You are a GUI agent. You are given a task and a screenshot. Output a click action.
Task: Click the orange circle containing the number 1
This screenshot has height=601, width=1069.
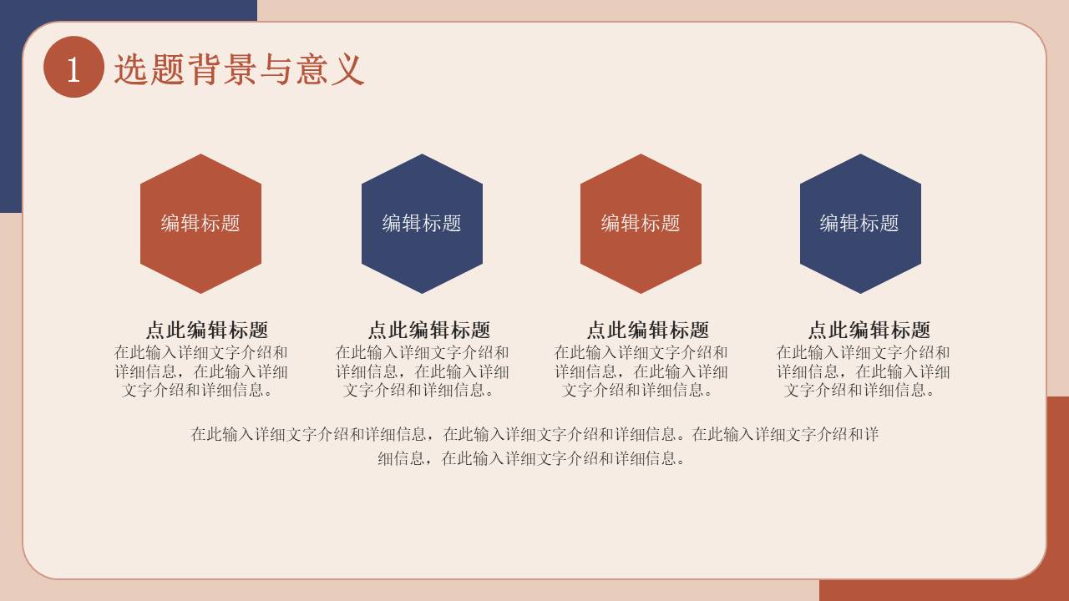coord(73,68)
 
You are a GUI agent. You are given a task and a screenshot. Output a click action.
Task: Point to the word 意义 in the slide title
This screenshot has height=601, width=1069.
coord(330,69)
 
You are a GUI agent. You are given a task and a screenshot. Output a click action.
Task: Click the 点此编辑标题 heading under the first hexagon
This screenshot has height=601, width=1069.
coord(207,330)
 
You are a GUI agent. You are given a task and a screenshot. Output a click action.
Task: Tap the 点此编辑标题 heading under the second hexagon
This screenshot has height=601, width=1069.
coord(428,330)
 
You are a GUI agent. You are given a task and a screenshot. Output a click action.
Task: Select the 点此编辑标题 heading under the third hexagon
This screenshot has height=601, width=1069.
coord(647,330)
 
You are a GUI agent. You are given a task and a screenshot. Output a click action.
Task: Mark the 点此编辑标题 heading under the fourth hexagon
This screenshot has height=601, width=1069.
coord(869,330)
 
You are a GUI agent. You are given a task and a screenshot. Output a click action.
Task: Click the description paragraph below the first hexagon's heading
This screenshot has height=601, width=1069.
coord(201,371)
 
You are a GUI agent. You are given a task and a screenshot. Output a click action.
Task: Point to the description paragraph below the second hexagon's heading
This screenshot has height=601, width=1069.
coord(423,371)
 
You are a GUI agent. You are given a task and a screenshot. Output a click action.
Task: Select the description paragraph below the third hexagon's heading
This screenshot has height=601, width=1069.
coord(641,371)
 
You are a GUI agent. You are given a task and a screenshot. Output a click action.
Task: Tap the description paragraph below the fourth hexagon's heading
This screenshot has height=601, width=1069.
coord(863,371)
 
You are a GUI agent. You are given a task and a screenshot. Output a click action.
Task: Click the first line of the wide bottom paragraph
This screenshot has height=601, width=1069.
coord(534,434)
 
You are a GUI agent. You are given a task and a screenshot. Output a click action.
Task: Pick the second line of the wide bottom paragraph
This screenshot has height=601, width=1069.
coord(533,458)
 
